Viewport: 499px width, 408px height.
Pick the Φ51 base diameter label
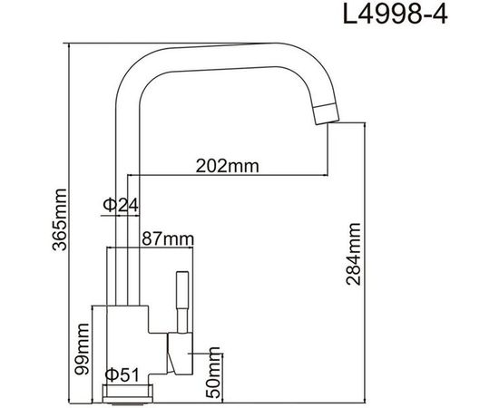click(120, 374)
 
